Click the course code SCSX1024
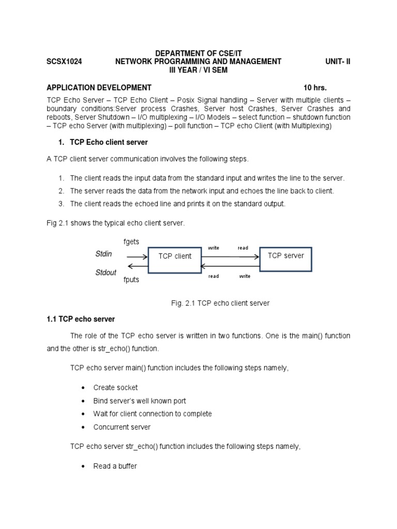click(x=64, y=61)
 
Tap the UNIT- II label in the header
click(x=338, y=61)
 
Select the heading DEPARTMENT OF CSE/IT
click(x=198, y=53)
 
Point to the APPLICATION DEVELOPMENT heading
click(x=99, y=87)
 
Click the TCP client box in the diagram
click(x=175, y=256)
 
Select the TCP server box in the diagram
click(x=285, y=256)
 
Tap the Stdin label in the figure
click(x=103, y=254)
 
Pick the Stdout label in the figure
click(x=106, y=272)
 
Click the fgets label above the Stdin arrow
click(x=131, y=242)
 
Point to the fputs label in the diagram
click(x=131, y=280)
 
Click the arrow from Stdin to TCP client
click(x=136, y=256)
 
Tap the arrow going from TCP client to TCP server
click(x=230, y=256)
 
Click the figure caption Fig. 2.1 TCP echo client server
click(x=220, y=303)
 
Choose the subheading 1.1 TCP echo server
click(x=81, y=319)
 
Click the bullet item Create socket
click(x=115, y=387)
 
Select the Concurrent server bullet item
click(x=122, y=427)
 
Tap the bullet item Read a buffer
click(x=115, y=466)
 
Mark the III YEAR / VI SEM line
click(x=198, y=70)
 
